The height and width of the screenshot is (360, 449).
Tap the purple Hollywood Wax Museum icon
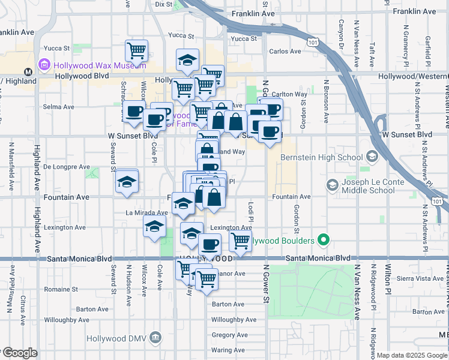pos(43,64)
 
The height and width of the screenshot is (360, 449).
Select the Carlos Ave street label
pos(285,51)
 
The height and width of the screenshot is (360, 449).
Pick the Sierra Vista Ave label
pos(421,278)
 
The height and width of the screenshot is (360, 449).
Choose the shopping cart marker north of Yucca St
pos(137,50)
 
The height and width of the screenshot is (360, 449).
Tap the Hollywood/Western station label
pos(414,76)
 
